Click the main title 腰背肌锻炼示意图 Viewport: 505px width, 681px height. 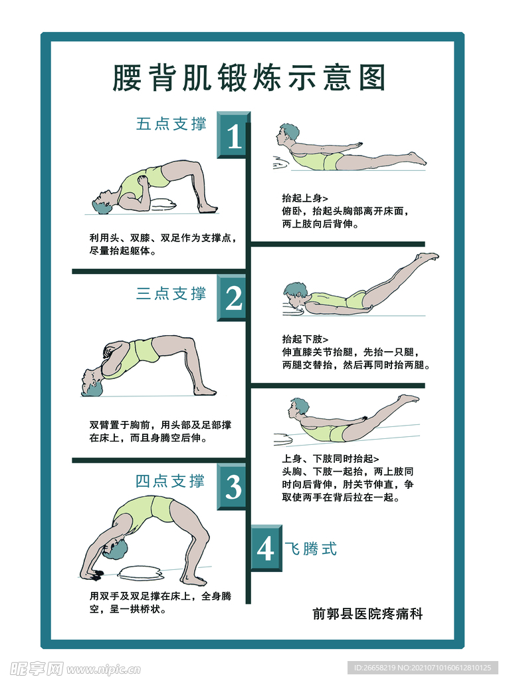point(249,78)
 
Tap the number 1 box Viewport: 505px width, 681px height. point(234,136)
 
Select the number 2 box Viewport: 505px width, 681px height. point(234,299)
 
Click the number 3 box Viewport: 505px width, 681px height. point(234,487)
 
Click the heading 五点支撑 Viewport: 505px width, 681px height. point(171,124)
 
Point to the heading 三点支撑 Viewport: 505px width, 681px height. point(171,293)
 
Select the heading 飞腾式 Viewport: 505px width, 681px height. point(311,549)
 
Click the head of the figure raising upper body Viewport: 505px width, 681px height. point(288,132)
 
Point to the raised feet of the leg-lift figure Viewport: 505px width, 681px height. point(427,256)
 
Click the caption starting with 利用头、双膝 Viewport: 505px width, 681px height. point(163,238)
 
